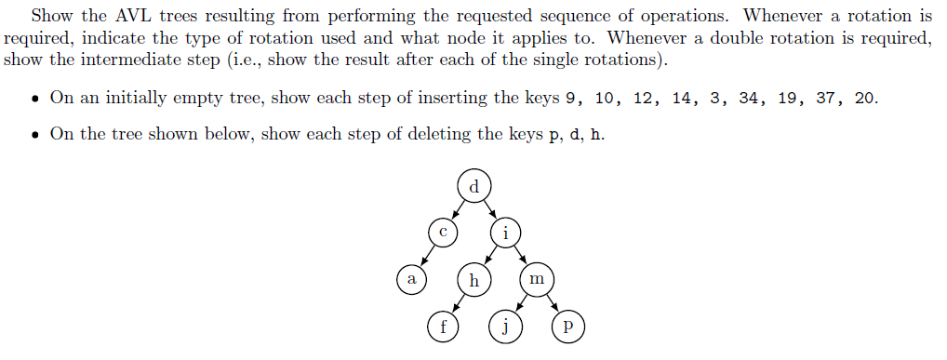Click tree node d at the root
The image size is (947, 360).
474,185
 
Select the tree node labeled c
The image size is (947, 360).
444,233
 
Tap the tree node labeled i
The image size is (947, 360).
505,233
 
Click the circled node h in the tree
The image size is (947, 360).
473,279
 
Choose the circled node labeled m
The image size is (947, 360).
536,279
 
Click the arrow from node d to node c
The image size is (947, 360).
459,209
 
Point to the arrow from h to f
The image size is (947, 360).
458,302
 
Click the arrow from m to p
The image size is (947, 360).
552,302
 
